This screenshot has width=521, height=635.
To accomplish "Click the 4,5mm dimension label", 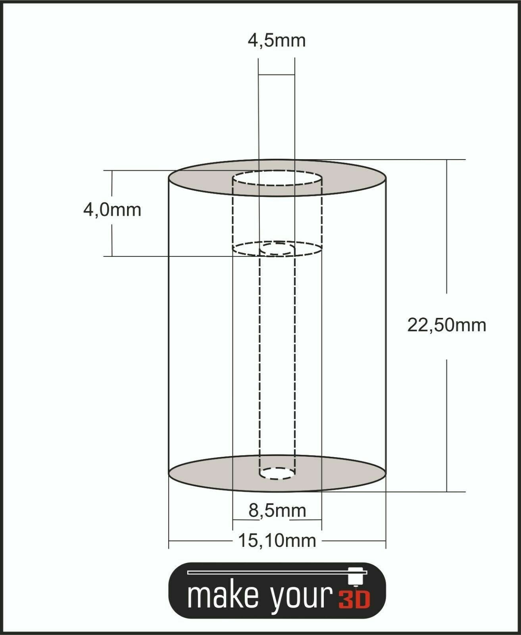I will pos(277,40).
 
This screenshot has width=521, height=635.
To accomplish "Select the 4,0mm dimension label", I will pos(112,210).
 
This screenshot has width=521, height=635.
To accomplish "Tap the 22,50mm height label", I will pos(446,325).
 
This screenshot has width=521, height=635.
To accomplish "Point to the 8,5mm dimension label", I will pos(277,510).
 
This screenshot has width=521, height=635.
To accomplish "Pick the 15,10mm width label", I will pos(277,541).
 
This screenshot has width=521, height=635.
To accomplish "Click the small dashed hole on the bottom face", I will pos(277,473).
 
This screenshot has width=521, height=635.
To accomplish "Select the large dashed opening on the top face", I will pos(277,178).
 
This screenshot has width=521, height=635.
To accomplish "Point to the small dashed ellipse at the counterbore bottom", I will pos(277,249).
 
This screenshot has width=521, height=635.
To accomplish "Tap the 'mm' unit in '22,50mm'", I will pos(471,325).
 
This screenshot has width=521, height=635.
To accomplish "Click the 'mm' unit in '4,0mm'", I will pos(125,210).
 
